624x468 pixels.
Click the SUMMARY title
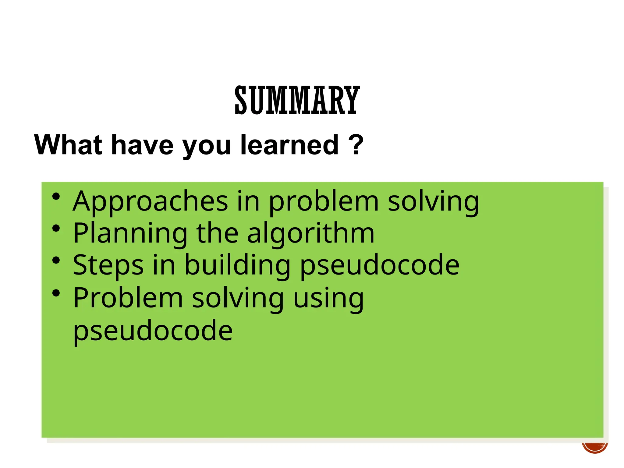tap(297, 100)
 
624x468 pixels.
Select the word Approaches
tap(150, 202)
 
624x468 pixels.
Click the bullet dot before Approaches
tap(56, 197)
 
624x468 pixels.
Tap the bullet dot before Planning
tap(56, 228)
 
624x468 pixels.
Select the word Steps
tap(108, 265)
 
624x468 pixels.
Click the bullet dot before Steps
tap(56, 261)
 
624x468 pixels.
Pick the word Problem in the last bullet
tap(128, 298)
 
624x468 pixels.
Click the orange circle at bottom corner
tap(595, 447)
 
